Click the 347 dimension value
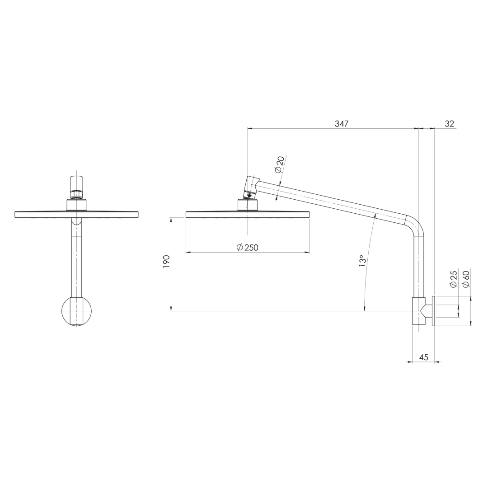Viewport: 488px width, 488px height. point(342,123)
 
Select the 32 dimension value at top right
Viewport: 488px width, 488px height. point(449,123)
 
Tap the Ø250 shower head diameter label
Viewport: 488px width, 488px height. point(248,247)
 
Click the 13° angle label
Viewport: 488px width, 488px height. point(361,262)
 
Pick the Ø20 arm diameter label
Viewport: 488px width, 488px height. point(279,164)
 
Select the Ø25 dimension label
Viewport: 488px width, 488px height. point(453,278)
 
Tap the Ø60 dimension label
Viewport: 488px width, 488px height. point(466,278)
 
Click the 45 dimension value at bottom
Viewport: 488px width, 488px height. point(423,357)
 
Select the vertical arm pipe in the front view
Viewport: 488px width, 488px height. point(77,262)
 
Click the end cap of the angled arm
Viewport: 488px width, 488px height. point(251,183)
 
